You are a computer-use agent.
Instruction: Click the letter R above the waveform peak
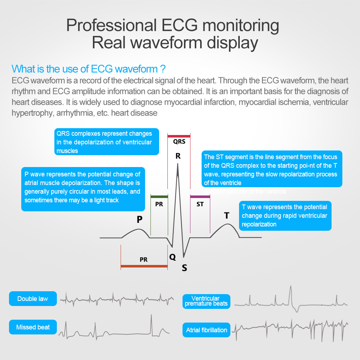178,156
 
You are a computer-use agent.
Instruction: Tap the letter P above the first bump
140,220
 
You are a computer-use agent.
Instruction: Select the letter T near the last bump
226,216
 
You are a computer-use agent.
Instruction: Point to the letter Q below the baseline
173,257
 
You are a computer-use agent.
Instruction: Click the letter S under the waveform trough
184,268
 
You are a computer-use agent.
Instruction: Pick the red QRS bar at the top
179,136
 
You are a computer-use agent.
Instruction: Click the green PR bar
159,197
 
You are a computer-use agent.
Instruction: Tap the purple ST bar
200,197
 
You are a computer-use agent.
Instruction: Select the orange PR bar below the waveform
144,266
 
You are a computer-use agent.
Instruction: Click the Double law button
33,299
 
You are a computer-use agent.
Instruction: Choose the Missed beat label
33,327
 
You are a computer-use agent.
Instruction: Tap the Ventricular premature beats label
206,301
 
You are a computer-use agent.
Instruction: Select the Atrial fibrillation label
207,330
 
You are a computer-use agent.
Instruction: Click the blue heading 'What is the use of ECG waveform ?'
89,69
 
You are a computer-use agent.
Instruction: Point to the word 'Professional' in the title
110,26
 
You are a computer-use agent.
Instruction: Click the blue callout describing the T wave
285,216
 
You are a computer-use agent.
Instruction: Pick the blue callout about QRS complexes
107,142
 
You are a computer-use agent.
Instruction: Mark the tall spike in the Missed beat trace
152,319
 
